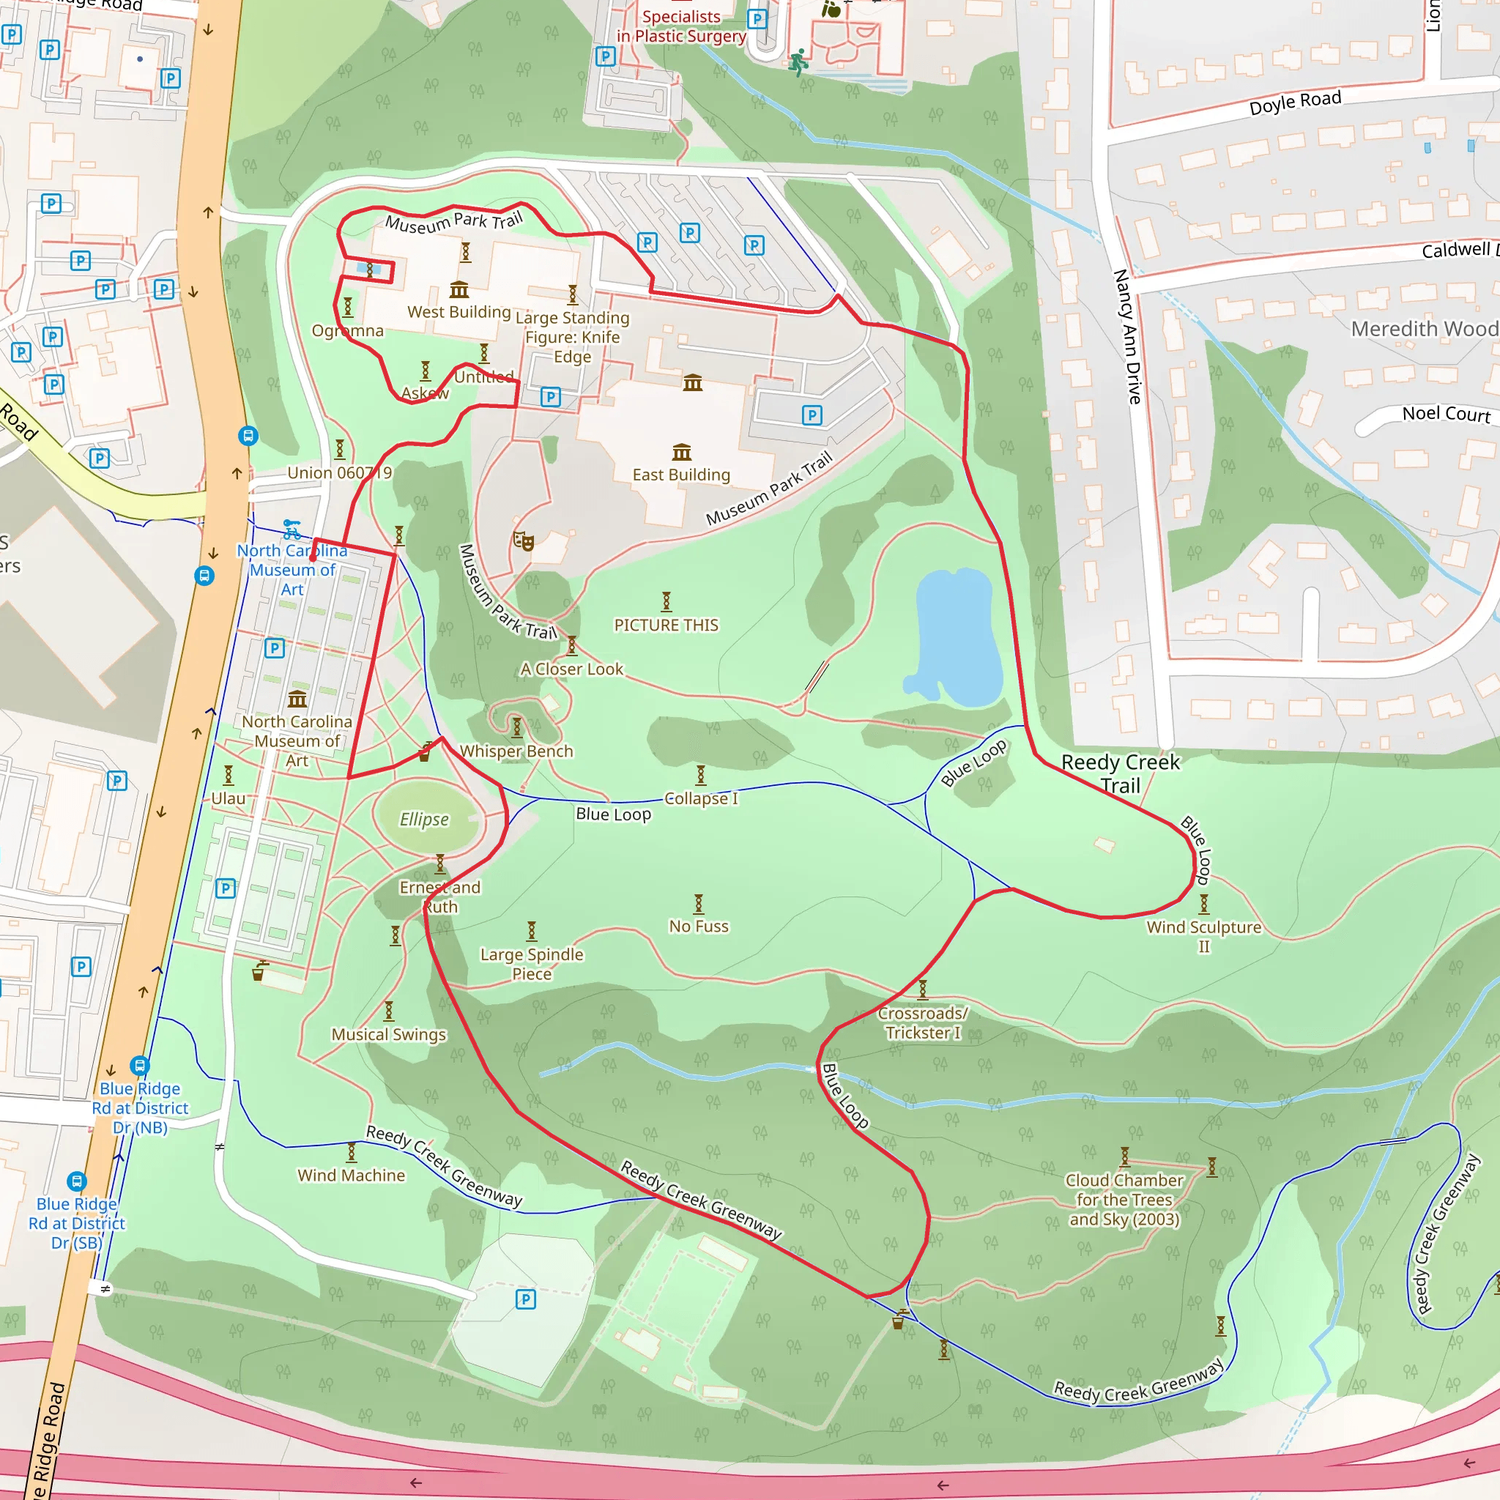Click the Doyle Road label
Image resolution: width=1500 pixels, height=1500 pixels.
(1294, 102)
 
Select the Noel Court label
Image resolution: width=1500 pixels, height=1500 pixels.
(1446, 414)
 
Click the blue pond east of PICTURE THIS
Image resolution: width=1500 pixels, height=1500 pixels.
(956, 636)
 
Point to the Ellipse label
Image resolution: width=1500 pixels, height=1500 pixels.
(424, 819)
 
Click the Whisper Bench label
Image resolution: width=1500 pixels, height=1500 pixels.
(516, 751)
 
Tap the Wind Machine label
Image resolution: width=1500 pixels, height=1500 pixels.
(351, 1176)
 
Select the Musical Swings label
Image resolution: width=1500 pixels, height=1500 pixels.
(388, 1034)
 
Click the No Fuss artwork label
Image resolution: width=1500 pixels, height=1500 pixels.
(699, 927)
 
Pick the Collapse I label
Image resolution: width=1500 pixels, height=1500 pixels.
(701, 798)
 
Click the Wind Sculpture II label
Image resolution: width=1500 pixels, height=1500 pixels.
(1203, 935)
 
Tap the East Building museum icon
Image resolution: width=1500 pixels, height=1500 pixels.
(682, 452)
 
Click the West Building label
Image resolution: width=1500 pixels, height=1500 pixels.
(458, 312)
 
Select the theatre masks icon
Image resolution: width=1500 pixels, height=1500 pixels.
(523, 541)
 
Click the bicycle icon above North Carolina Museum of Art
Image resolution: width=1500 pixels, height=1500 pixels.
(292, 530)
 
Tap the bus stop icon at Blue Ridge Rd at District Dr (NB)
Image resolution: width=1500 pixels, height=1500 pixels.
(139, 1065)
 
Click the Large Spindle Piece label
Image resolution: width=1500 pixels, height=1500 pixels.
(531, 964)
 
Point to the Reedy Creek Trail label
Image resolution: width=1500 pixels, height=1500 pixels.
(1120, 773)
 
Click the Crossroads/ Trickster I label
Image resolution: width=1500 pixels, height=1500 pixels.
(922, 1022)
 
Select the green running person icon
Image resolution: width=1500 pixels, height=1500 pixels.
(798, 62)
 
